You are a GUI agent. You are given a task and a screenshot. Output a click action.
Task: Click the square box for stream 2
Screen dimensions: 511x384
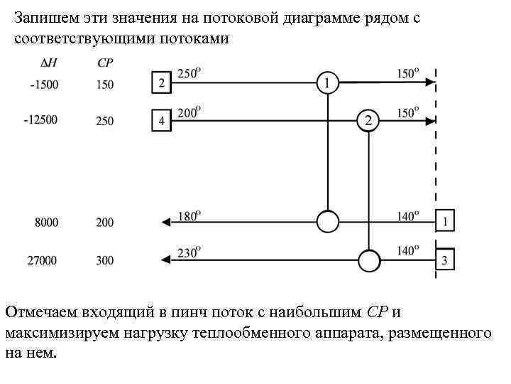pos(162,82)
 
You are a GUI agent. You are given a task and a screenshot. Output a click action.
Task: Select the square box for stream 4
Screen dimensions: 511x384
pos(162,120)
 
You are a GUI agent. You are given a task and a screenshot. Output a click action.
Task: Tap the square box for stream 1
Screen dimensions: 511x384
pos(444,221)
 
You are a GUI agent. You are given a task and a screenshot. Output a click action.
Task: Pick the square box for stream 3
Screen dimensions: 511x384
pos(444,260)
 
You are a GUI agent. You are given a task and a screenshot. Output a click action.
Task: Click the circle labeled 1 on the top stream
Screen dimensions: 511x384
pos(326,82)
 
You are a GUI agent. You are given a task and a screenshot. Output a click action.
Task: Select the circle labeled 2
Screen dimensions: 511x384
pos(368,120)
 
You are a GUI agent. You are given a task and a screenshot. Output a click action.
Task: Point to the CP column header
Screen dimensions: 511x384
pos(104,63)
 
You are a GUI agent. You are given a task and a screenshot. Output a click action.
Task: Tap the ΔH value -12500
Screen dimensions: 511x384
pos(40,120)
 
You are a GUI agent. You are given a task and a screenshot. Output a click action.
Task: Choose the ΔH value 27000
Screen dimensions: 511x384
pos(43,261)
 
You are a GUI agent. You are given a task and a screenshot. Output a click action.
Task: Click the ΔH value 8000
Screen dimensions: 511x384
pos(46,223)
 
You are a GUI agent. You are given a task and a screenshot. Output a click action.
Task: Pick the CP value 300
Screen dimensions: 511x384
pos(104,261)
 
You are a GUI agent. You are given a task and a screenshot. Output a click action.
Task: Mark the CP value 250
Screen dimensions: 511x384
pos(104,121)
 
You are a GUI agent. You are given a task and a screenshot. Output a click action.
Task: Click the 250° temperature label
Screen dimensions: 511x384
pos(189,73)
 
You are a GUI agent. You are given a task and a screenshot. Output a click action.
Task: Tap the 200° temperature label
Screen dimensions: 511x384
pos(189,111)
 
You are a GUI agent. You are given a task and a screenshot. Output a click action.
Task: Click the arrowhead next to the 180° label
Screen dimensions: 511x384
pos(167,222)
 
